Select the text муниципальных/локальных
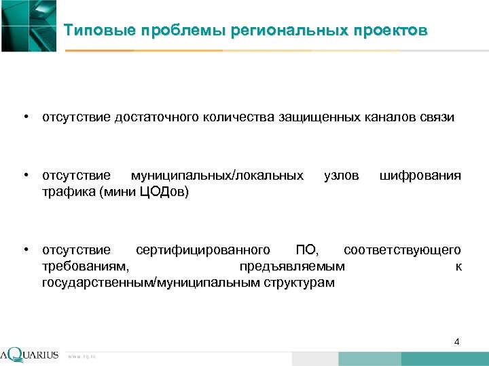pyautogui.click(x=217, y=176)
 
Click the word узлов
pyautogui.click(x=341, y=176)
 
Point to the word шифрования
pyautogui.click(x=420, y=176)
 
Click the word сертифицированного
pyautogui.click(x=206, y=250)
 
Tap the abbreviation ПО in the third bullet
pyautogui.click(x=306, y=250)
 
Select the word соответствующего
pyautogui.click(x=403, y=250)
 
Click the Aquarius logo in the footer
pyautogui.click(x=30, y=354)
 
